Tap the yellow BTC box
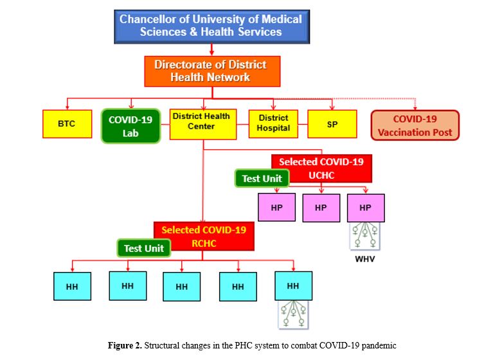tap(66, 123)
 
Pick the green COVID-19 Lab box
tap(131, 125)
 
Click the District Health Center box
tap(202, 123)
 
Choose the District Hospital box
tap(274, 123)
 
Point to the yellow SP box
tap(332, 123)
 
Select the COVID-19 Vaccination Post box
tap(415, 125)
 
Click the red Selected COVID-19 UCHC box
tap(321, 168)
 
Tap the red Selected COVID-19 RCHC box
tap(204, 235)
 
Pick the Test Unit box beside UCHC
tap(262, 179)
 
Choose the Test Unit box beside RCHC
tap(144, 248)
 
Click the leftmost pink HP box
tap(276, 207)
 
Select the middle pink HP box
tap(321, 207)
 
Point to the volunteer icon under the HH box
tap(292, 315)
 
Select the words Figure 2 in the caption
tap(126, 346)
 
